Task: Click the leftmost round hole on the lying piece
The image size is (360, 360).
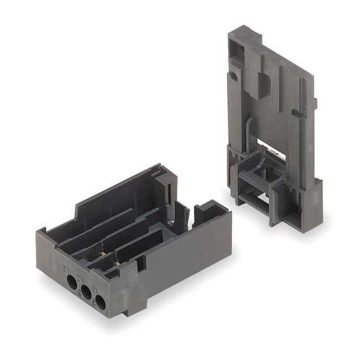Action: [71, 282]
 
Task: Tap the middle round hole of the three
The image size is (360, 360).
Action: [86, 293]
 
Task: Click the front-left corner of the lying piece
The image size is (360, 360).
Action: [41, 244]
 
